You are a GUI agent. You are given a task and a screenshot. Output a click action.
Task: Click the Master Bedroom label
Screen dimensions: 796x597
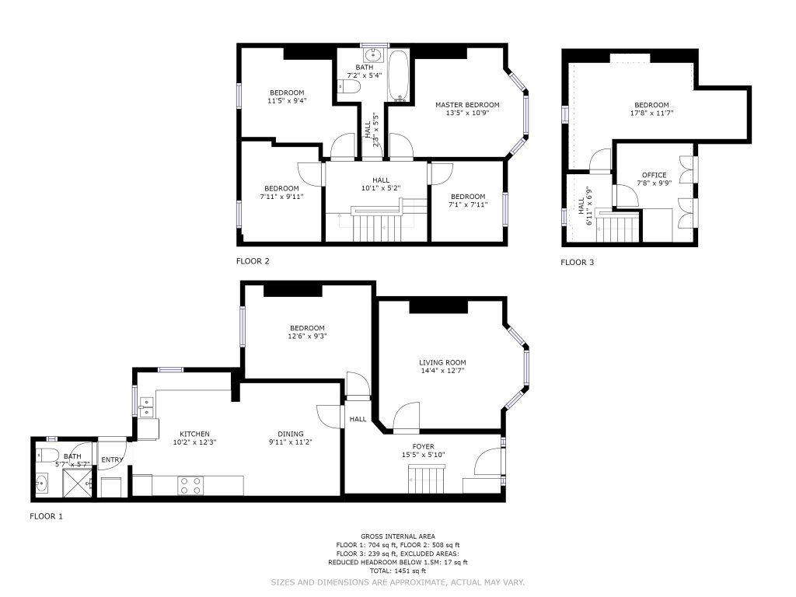467,105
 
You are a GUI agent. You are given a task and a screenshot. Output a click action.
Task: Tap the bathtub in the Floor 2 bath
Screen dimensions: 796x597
399,75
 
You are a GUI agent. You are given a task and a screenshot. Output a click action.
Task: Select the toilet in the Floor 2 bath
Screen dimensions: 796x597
349,87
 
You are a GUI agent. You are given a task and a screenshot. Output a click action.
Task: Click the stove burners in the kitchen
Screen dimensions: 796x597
190,485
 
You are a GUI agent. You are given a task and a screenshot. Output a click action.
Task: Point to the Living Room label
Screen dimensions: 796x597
442,362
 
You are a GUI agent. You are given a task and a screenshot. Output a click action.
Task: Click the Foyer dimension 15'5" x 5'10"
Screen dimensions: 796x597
423,455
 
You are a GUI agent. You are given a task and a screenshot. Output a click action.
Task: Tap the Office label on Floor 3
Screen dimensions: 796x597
654,175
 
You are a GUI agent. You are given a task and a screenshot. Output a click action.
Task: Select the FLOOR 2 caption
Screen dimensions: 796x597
253,261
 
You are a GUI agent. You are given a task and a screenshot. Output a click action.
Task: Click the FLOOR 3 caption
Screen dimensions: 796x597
578,263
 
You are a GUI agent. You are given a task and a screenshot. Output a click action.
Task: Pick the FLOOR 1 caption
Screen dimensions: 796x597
46,516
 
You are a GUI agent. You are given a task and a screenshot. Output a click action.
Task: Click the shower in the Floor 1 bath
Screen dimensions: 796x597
79,482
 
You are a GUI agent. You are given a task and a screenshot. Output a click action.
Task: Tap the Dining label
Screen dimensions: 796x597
291,434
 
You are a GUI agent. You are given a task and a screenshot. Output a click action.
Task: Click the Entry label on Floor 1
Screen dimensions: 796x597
112,460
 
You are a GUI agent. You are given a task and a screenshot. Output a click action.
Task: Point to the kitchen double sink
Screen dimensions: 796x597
146,407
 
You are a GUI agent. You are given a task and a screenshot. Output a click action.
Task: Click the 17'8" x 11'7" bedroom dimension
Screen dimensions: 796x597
651,113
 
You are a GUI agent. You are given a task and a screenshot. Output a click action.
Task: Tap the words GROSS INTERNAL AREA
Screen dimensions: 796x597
397,536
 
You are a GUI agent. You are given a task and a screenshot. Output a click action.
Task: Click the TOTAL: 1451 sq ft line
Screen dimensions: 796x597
397,571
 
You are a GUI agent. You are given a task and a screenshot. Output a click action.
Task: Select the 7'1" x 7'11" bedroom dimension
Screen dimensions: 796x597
467,205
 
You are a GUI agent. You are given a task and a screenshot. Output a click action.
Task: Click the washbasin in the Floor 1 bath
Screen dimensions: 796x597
42,483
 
